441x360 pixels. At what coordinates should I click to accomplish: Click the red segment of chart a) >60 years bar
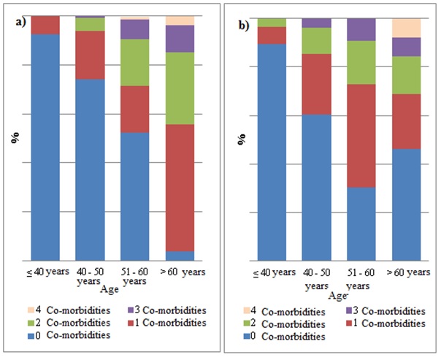pos(180,188)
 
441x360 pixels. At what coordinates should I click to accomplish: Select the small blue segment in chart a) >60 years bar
pos(180,256)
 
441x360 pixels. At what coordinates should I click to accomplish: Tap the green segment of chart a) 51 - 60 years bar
pos(135,63)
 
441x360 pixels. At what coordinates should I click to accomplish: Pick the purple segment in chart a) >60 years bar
pos(180,39)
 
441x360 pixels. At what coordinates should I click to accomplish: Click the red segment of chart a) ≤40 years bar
pos(45,26)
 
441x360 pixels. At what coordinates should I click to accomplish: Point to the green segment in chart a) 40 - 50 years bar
pos(90,25)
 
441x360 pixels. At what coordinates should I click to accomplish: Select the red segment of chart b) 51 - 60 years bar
pos(361,136)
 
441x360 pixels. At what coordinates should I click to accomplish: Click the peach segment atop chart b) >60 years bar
pos(407,28)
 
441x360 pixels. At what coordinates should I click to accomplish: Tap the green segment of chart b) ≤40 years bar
pos(272,23)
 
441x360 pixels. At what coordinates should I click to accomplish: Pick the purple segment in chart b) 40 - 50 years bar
pos(316,23)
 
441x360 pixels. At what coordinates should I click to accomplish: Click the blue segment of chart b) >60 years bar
pos(407,204)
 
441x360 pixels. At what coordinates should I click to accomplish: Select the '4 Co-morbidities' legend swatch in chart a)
pos(31,310)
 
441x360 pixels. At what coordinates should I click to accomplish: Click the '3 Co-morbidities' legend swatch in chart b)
pos(349,310)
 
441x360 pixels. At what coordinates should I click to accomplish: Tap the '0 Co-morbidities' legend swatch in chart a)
pos(31,335)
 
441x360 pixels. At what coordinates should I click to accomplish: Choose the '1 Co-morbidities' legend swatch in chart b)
pos(349,323)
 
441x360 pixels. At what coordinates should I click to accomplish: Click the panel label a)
pos(21,22)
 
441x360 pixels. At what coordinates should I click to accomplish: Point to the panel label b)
pos(244,26)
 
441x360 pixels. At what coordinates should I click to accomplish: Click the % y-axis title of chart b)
pos(242,139)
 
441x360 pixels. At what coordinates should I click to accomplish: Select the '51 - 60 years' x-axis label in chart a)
pos(134,277)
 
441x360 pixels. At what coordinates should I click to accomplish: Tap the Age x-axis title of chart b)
pos(338,296)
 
